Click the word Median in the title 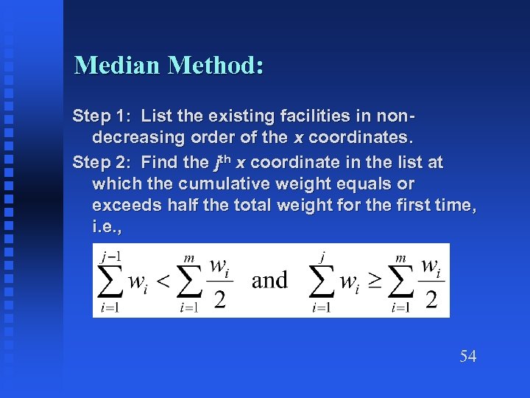click(x=118, y=66)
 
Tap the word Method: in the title click(x=216, y=66)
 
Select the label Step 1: click(x=102, y=116)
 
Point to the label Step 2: click(x=102, y=161)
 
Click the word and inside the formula click(x=269, y=280)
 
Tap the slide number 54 click(x=468, y=357)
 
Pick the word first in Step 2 click(x=400, y=206)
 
